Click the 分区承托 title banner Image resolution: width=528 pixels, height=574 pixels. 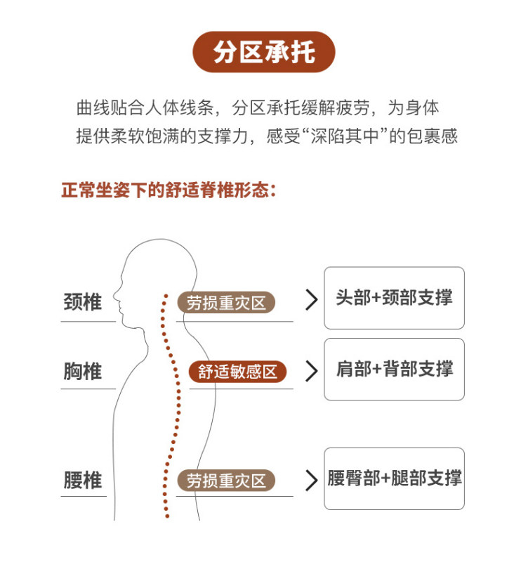(x=264, y=53)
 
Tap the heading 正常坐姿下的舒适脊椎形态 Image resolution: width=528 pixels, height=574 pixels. (x=169, y=190)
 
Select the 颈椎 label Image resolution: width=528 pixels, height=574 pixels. (x=83, y=302)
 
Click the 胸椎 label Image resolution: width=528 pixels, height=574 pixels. (x=83, y=371)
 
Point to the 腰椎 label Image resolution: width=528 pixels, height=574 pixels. (x=83, y=481)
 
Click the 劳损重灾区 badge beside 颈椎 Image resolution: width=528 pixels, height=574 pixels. (x=226, y=303)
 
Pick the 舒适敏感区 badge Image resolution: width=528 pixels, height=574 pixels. (x=238, y=372)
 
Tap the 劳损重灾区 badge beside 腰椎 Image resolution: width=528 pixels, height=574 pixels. (x=226, y=481)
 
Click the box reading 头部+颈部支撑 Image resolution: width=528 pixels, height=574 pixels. (x=394, y=298)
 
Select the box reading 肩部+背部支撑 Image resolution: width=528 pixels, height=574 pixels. (x=394, y=370)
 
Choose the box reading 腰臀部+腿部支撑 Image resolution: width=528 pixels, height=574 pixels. (x=394, y=479)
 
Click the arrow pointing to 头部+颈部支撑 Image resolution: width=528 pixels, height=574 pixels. (x=312, y=301)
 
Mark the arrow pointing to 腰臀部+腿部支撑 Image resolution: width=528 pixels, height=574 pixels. (x=312, y=481)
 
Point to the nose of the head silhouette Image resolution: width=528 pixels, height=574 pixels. (x=117, y=289)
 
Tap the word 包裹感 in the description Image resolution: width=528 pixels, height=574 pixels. (x=434, y=136)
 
